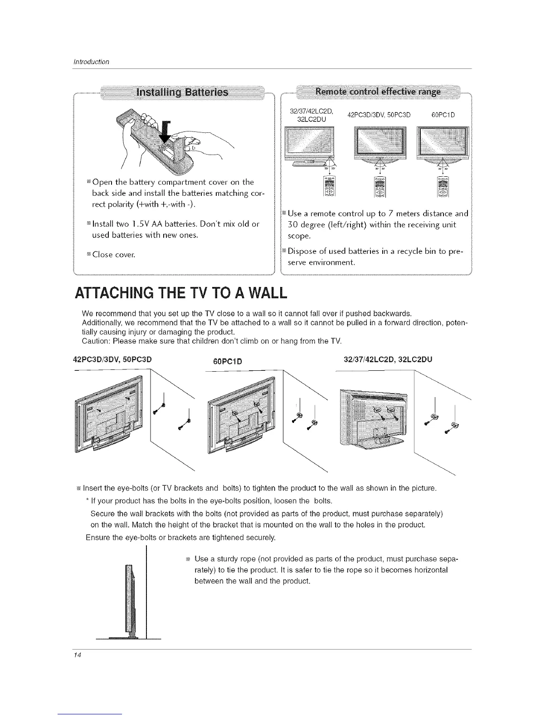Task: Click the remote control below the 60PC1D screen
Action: (443, 186)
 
